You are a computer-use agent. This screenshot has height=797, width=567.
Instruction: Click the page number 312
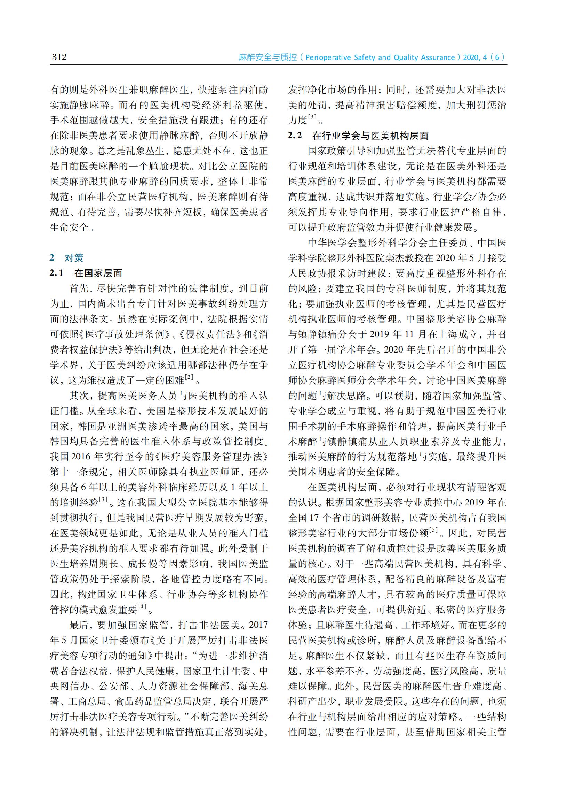coord(59,57)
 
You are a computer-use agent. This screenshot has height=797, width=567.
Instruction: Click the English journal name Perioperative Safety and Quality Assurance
coord(380,57)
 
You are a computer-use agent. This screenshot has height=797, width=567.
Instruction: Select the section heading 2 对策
coord(66,258)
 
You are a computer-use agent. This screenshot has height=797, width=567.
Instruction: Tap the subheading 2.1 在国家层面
coord(86,273)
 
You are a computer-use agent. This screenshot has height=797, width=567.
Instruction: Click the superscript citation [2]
coord(189,377)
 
